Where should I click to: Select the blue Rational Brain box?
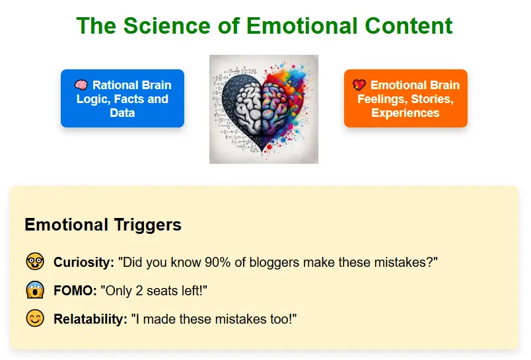coord(122,98)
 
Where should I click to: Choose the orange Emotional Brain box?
coord(406,98)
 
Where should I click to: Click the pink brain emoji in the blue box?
coord(81,85)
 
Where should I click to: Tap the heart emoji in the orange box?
coord(359,85)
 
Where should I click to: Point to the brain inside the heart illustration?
coord(264,108)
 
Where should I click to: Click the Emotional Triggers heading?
coord(102,225)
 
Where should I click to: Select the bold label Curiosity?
coord(84,262)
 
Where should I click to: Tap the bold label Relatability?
coord(90,319)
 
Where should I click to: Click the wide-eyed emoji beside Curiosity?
coord(35,262)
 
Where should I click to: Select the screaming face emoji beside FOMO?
coord(35,290)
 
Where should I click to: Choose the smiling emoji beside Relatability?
coord(35,318)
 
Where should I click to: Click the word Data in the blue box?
coord(122,113)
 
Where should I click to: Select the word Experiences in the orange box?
coord(406,113)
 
